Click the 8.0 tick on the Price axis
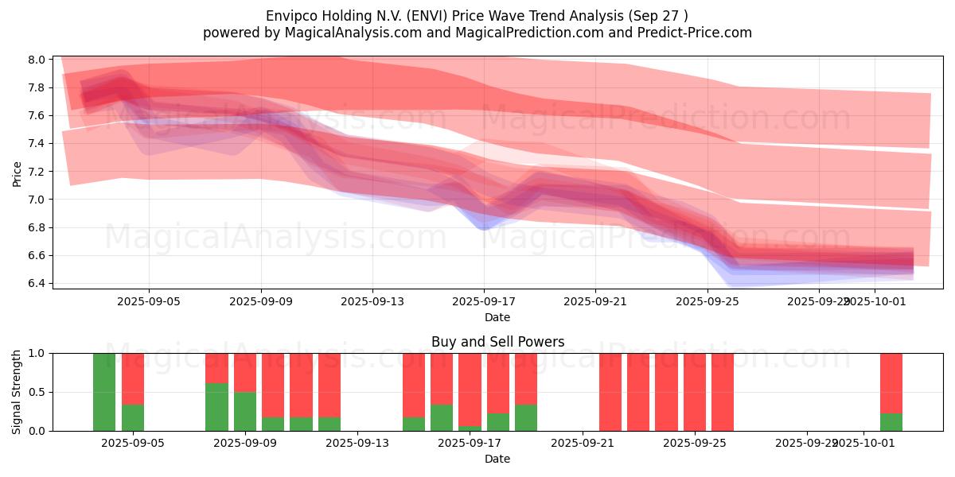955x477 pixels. [x=37, y=60]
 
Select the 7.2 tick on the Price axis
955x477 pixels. [x=37, y=172]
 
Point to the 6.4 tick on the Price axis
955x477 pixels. [x=37, y=284]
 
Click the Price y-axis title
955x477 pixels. [x=18, y=173]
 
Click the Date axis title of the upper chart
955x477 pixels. [x=497, y=317]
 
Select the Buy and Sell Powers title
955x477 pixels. [x=497, y=342]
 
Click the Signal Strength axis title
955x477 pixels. [x=18, y=391]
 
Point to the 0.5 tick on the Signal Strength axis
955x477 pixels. [x=37, y=392]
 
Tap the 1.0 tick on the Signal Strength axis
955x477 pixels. [x=37, y=353]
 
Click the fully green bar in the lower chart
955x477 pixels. [x=104, y=392]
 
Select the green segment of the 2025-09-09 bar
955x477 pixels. [x=245, y=411]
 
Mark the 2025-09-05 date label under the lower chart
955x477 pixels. [x=133, y=444]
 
